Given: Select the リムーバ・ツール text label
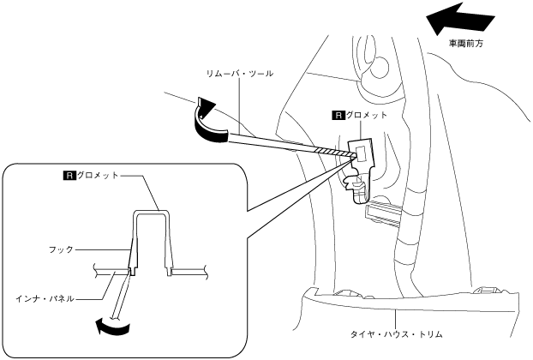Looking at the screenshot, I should tap(240, 75).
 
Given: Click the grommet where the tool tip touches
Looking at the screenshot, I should tap(361, 154).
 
